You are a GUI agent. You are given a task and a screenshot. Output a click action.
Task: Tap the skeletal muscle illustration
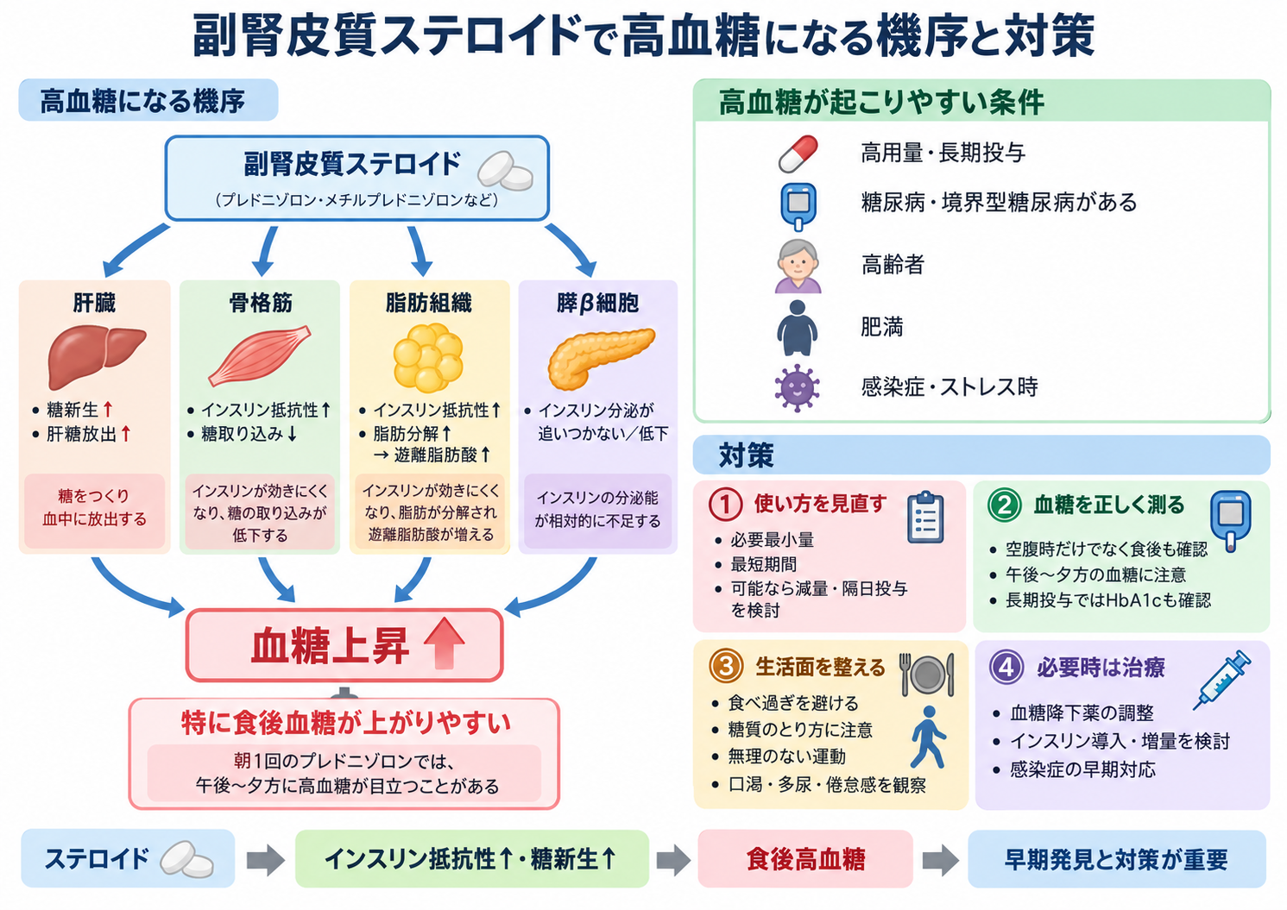tap(260, 356)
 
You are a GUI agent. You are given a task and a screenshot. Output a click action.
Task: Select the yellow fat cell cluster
tap(428, 357)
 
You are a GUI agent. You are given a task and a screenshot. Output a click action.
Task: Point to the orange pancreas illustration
tap(600, 357)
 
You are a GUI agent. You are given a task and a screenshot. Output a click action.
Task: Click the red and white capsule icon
tap(798, 154)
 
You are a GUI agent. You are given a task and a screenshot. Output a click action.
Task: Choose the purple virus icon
tap(797, 387)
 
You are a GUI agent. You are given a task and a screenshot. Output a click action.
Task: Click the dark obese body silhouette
tap(797, 328)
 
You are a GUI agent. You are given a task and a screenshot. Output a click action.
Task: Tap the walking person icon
tap(928, 737)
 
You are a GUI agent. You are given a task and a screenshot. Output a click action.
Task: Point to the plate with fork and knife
tap(927, 674)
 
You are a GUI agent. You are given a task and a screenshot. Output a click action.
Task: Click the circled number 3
tap(726, 667)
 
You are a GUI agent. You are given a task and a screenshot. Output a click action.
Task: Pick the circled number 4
tap(1006, 667)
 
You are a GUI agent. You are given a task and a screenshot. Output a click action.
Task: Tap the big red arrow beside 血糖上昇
tap(444, 643)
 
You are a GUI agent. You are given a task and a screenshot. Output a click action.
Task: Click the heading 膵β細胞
tap(597, 303)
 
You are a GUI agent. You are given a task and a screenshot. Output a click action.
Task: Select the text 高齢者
tap(893, 265)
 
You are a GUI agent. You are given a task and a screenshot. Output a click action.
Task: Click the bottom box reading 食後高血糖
tap(805, 859)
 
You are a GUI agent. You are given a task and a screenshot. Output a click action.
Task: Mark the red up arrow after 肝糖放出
tap(126, 434)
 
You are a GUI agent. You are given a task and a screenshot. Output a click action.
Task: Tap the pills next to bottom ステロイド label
tap(186, 859)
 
